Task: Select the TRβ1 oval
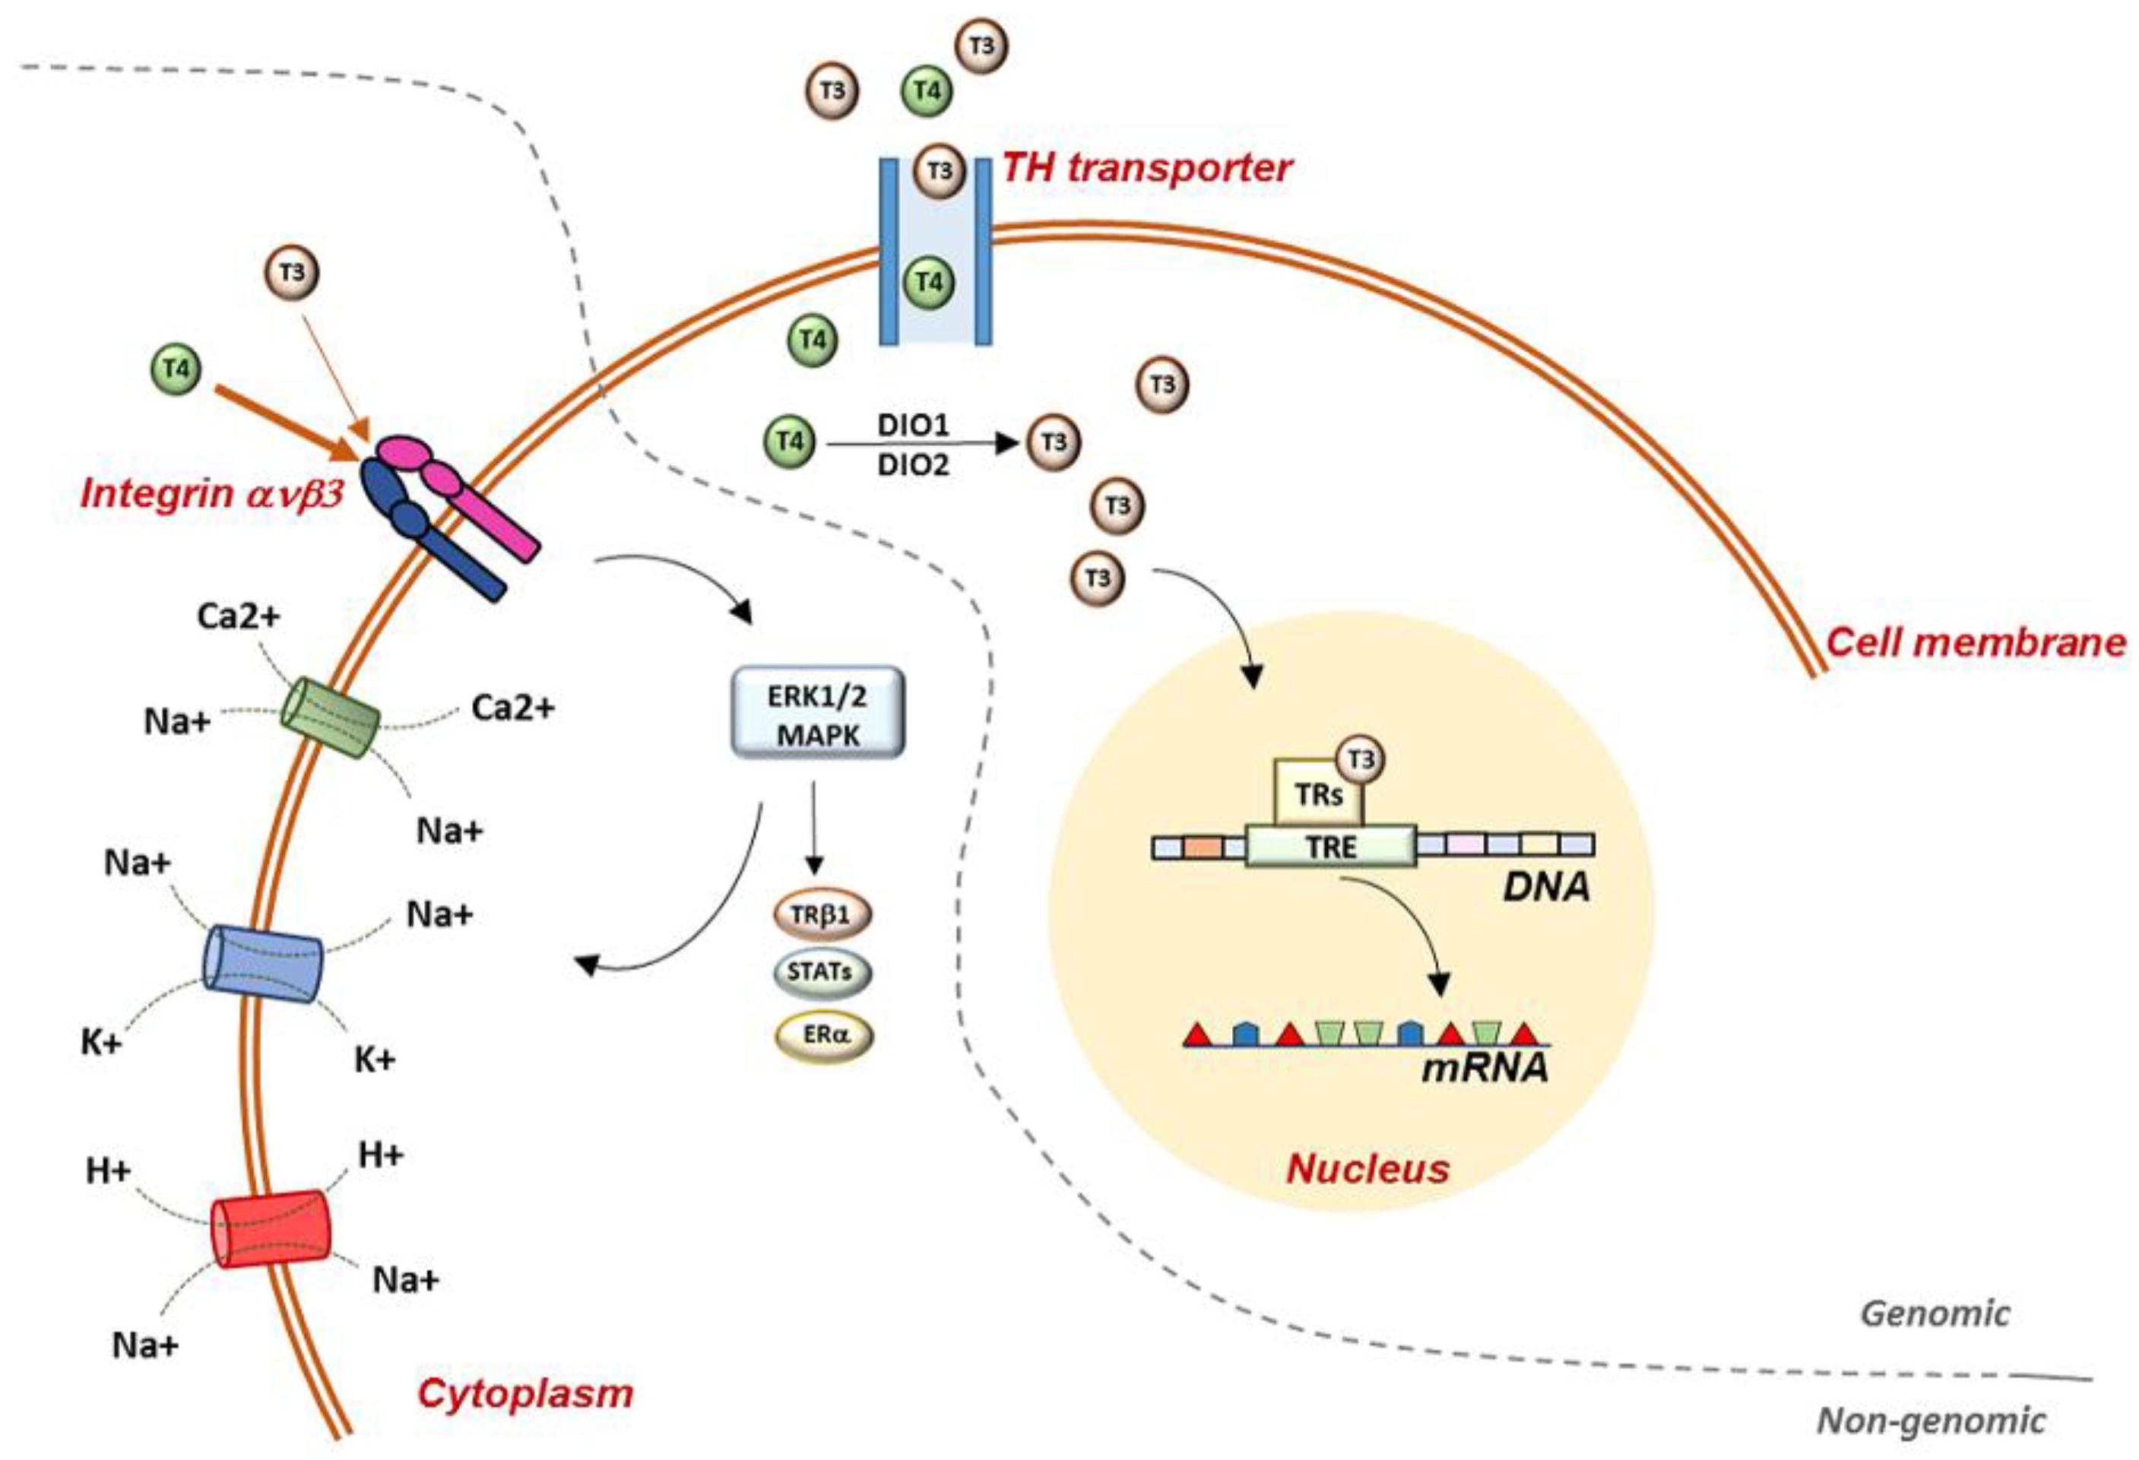point(821,915)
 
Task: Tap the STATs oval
point(821,972)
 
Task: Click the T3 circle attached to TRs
point(1361,760)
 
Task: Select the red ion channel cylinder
point(271,1229)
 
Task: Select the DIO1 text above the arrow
point(913,426)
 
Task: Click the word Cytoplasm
point(525,1393)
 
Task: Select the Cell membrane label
point(1975,642)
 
